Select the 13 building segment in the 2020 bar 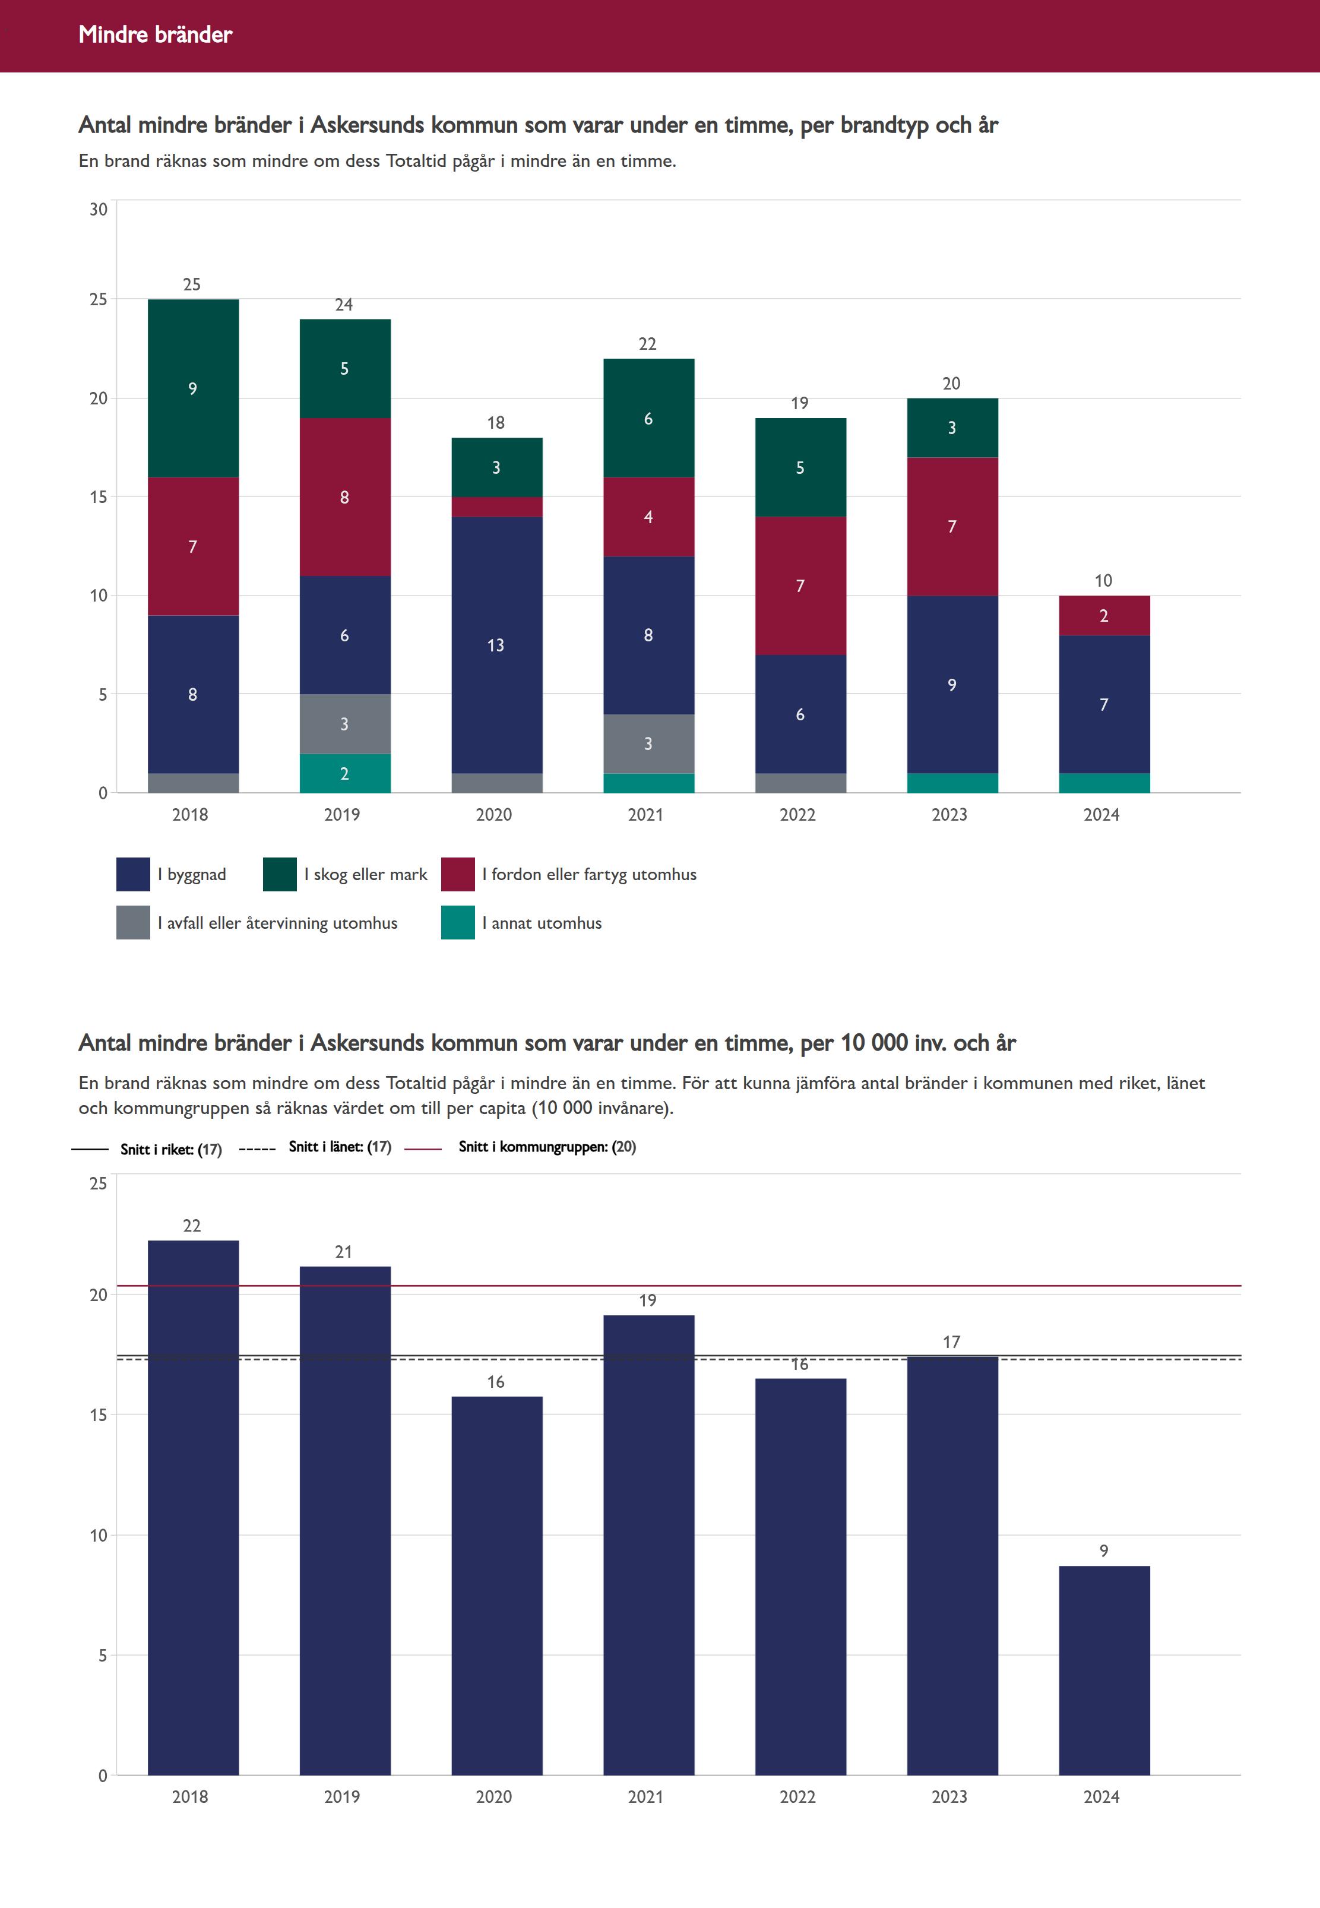496,644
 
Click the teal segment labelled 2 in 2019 345,773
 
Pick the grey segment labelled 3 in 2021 648,743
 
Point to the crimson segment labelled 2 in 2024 1104,615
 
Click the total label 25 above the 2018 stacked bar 192,284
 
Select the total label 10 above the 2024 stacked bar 1103,581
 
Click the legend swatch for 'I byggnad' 133,874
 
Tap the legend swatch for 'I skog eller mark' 280,874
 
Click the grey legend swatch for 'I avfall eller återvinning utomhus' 133,923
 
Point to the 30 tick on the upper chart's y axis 99,209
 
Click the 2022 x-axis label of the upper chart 797,815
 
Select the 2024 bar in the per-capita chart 1104,1670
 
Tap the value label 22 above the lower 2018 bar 192,1226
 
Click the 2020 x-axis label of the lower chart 494,1797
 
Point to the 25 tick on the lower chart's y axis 99,1184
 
